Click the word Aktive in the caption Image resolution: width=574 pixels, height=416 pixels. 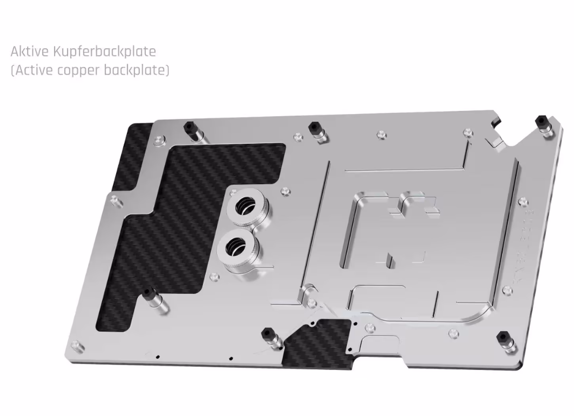coord(30,52)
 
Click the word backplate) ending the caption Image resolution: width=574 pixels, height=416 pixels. coord(136,70)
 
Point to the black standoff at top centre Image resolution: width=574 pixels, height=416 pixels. coord(314,128)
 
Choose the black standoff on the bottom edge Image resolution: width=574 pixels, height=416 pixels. coord(268,333)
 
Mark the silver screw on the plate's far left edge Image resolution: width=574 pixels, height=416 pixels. coord(115,200)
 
